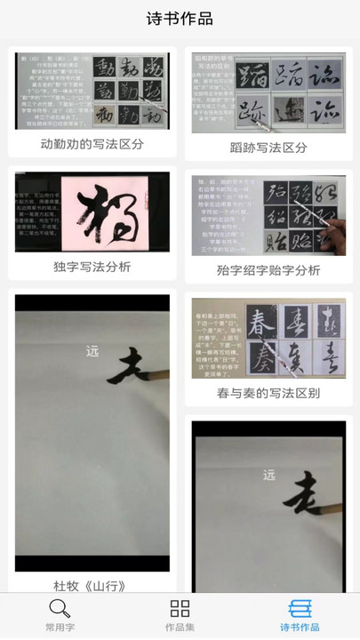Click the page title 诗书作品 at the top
180,19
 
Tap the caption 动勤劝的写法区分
92,144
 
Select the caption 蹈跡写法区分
268,148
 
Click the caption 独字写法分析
92,267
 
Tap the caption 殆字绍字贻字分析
268,270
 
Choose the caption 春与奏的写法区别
268,393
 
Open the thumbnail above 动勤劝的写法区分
92,90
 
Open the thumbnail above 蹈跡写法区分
268,92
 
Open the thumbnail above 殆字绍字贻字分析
268,214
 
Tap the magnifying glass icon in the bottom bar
60,609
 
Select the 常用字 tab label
60,628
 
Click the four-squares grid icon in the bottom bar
180,609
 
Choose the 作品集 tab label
180,628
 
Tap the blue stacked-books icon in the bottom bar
300,609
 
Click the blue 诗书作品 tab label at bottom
300,628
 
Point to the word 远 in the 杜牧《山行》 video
92,350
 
